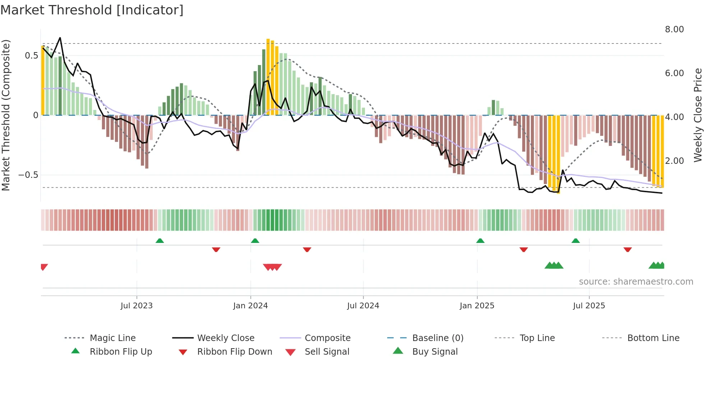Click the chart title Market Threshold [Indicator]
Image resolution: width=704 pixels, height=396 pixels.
92,10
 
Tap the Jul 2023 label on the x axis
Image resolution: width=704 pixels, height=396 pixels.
136,306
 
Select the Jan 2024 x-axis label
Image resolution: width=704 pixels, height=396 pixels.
250,306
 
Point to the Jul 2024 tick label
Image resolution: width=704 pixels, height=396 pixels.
363,306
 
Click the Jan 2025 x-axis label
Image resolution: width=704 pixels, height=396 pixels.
477,306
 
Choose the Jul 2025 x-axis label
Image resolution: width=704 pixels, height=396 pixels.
589,306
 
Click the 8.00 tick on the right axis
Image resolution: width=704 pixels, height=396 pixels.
674,29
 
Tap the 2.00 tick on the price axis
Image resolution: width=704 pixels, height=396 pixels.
674,161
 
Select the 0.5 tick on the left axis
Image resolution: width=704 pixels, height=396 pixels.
32,56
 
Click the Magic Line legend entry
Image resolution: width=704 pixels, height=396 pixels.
112,338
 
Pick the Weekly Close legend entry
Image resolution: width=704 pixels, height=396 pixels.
226,338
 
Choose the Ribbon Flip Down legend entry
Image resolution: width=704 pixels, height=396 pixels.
235,352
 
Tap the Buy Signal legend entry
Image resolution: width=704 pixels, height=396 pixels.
435,352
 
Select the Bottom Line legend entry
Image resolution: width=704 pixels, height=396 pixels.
653,338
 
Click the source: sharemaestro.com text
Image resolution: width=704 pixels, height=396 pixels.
636,282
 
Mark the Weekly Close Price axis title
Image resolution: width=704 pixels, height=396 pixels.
698,115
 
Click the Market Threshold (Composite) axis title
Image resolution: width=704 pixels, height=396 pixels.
6,115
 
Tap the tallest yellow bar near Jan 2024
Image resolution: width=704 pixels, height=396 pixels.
268,77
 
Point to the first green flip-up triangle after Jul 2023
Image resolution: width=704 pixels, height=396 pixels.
160,241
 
